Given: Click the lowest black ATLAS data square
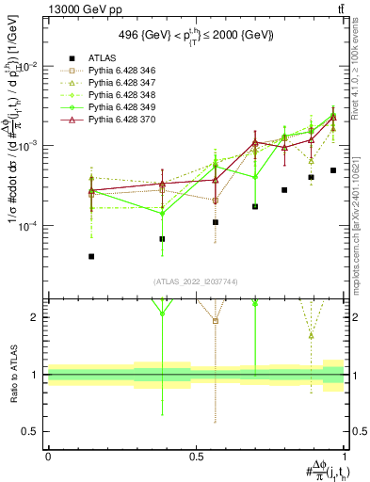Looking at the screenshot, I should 91,256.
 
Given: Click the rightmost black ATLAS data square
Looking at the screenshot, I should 333,170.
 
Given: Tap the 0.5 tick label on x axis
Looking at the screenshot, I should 197,456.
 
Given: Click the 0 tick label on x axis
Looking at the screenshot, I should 48,456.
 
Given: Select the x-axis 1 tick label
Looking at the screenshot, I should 345,456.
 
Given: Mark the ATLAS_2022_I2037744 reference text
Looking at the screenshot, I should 196,281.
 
